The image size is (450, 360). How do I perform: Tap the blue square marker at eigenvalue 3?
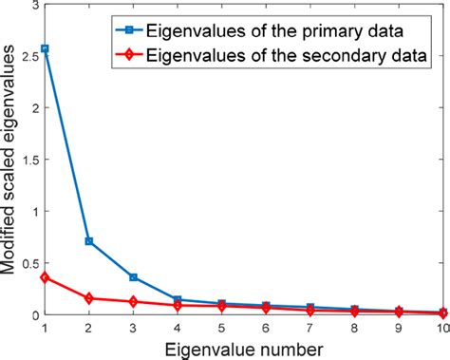[134, 277]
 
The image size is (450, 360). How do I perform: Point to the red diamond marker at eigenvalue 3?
[134, 302]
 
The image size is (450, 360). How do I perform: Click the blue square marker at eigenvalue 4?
[178, 299]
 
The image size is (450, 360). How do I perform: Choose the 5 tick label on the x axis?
[221, 327]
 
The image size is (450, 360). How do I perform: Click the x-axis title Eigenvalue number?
[243, 348]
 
